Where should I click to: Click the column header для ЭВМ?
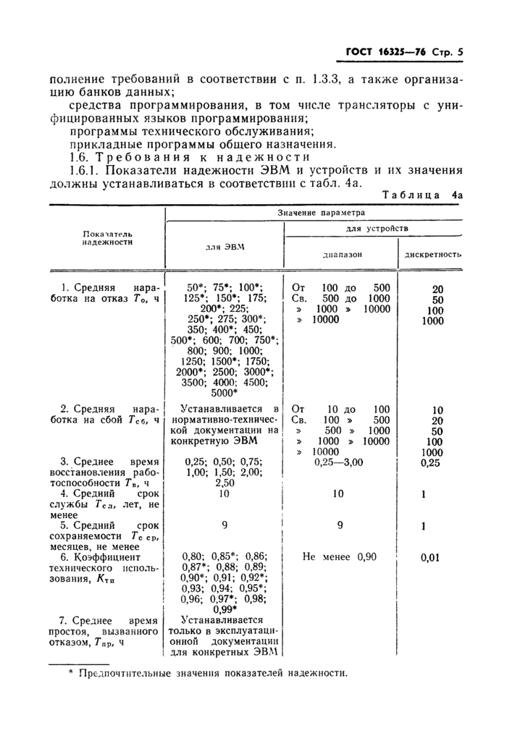coord(225,247)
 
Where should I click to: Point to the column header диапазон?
coord(341,255)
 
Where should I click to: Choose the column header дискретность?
coord(433,255)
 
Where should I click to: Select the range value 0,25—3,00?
coord(339,461)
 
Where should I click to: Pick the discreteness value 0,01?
coord(433,558)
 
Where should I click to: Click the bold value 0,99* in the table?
coord(225,609)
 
